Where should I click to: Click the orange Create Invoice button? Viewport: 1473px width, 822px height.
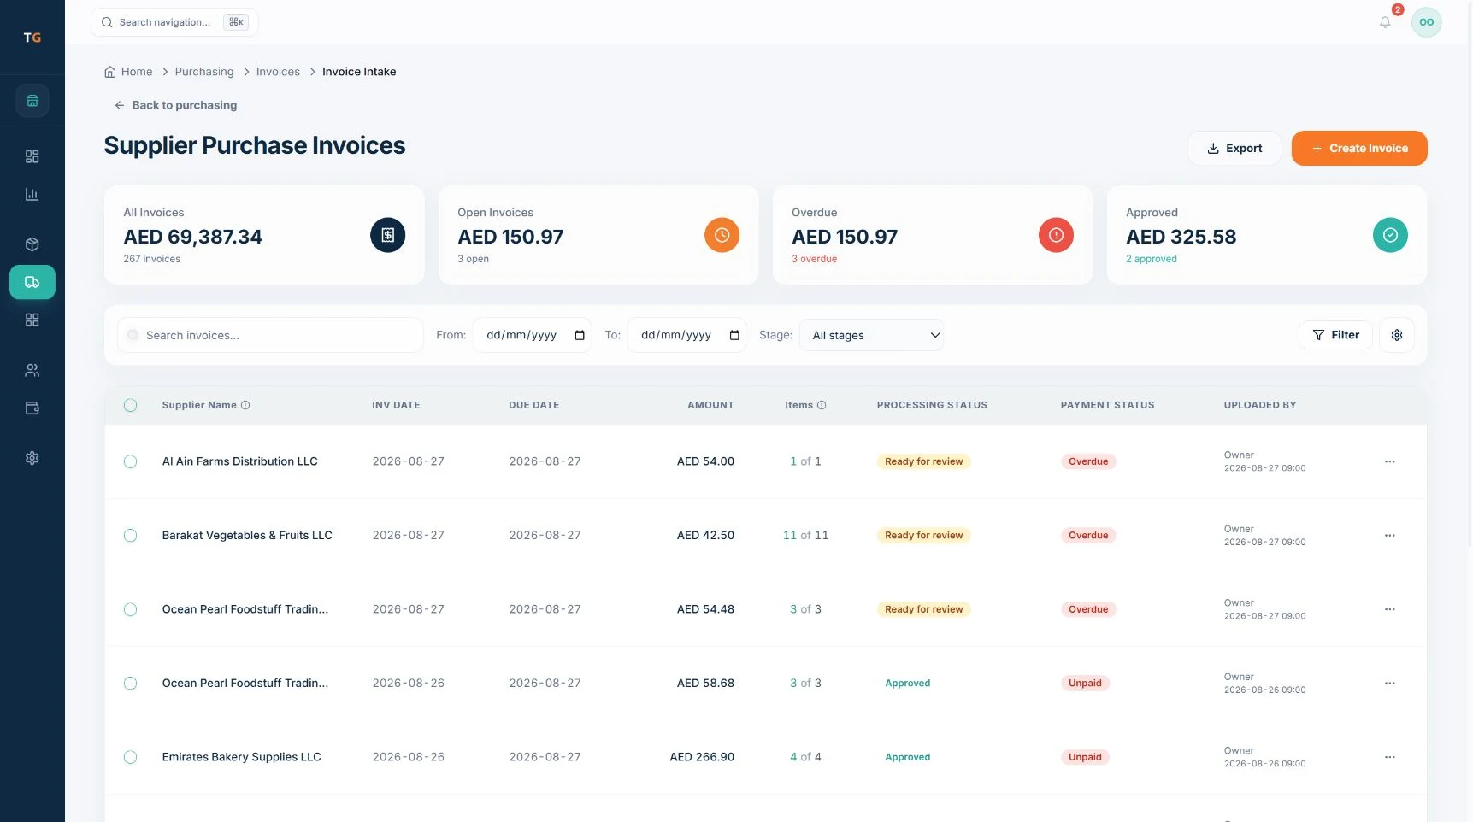(1358, 148)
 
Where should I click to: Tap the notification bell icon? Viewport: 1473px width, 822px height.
(1385, 22)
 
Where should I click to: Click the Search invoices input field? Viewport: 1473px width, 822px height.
(270, 335)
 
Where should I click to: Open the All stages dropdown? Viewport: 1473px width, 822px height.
(871, 335)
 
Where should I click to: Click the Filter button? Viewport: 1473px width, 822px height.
(1335, 335)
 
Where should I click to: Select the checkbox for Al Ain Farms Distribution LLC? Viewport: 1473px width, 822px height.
(130, 461)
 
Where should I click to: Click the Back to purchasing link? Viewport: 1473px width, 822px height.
(176, 105)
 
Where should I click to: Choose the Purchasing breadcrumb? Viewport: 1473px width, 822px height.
(204, 72)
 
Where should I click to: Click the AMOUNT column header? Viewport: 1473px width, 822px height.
(710, 405)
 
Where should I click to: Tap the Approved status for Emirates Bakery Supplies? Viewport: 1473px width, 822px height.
(907, 757)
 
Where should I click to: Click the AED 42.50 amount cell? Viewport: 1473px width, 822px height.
(705, 536)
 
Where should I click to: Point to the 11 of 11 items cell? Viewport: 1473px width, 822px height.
(805, 536)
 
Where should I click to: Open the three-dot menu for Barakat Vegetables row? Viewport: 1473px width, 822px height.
(1389, 536)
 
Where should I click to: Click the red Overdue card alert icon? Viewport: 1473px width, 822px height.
(1056, 235)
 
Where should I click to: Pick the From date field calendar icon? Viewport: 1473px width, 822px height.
(580, 335)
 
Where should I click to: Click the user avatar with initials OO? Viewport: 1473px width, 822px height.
(1426, 22)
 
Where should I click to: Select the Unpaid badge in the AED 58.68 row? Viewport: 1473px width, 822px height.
(1085, 684)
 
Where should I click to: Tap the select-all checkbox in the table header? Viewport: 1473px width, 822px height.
(130, 405)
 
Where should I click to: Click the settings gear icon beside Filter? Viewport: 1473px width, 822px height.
(1396, 335)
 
